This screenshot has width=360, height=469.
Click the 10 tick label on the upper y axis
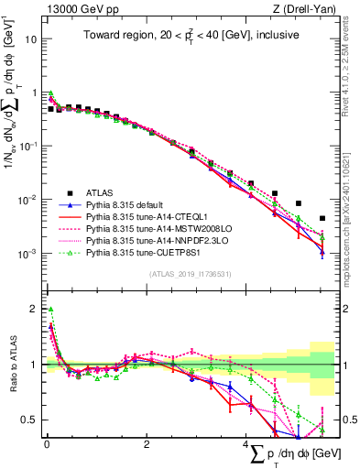(x=32, y=40)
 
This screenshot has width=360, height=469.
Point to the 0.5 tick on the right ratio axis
(x=348, y=420)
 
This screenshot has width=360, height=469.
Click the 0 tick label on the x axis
(x=46, y=444)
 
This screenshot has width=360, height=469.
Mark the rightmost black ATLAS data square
(x=322, y=219)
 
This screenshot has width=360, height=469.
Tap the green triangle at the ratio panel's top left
(x=50, y=310)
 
